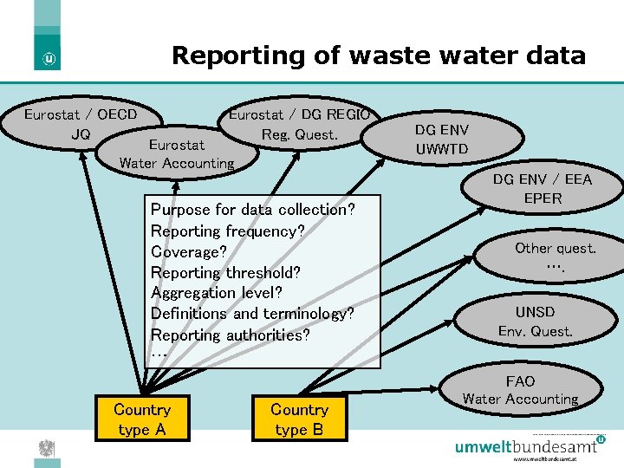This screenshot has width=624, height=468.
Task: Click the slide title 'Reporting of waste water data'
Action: pyautogui.click(x=379, y=55)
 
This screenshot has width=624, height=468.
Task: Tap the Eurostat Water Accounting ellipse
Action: pyautogui.click(x=177, y=153)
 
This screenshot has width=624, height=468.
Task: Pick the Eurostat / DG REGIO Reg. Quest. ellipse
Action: pyautogui.click(x=299, y=124)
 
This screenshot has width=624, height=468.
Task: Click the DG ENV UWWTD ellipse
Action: pyautogui.click(x=441, y=140)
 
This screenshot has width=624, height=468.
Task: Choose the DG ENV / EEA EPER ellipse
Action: pyautogui.click(x=543, y=189)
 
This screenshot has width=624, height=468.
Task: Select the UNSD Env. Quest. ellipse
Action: pyautogui.click(x=535, y=321)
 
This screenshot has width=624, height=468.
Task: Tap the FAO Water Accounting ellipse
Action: pyautogui.click(x=520, y=390)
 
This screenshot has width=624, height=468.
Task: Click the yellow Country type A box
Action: pyautogui.click(x=142, y=419)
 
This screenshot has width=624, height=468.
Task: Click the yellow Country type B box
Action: pyautogui.click(x=299, y=419)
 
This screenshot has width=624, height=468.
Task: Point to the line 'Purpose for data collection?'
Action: pyautogui.click(x=252, y=210)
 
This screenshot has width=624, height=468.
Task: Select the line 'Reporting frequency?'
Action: pyautogui.click(x=227, y=231)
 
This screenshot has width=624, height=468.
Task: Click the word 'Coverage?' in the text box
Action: pyautogui.click(x=188, y=251)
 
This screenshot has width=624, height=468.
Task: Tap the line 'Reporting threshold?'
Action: pyautogui.click(x=225, y=272)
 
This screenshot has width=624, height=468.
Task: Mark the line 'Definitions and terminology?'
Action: pyautogui.click(x=252, y=314)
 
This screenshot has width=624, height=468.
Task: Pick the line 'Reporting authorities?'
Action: pyautogui.click(x=230, y=335)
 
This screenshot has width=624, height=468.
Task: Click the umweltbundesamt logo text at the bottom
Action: pyautogui.click(x=527, y=447)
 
